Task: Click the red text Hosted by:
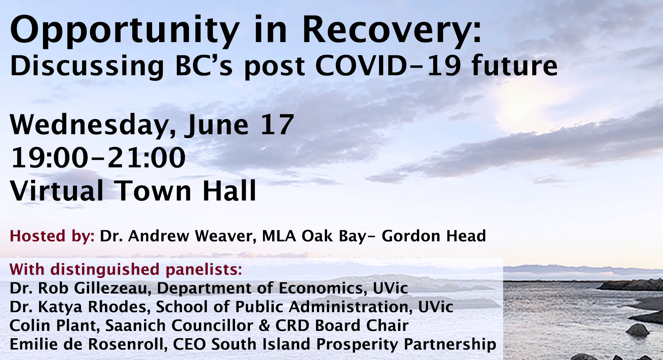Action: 52,236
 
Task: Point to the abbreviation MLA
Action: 279,236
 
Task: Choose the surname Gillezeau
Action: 113,288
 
